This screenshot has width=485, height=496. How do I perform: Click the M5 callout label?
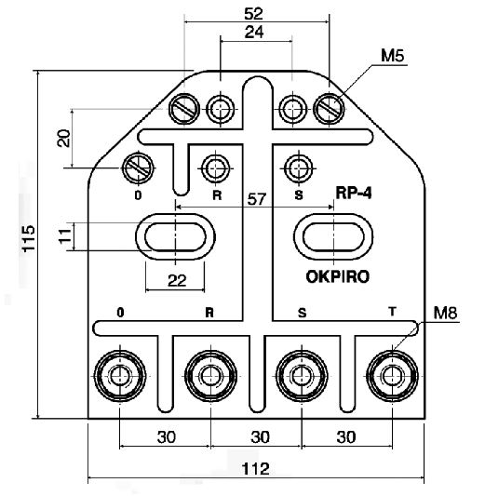point(392,56)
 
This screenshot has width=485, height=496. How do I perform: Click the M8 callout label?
point(446,313)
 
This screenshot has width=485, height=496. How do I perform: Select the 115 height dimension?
point(29,238)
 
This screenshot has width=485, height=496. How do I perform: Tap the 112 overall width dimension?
point(256,468)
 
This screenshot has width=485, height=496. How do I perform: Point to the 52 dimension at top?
point(254,14)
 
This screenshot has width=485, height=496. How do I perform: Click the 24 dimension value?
point(254,32)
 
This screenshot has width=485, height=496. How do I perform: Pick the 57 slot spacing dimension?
point(257,199)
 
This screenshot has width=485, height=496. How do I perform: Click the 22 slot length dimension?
point(177,280)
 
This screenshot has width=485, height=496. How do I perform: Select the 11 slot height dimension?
point(65,236)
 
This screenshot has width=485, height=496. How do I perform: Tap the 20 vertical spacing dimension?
point(64,138)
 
